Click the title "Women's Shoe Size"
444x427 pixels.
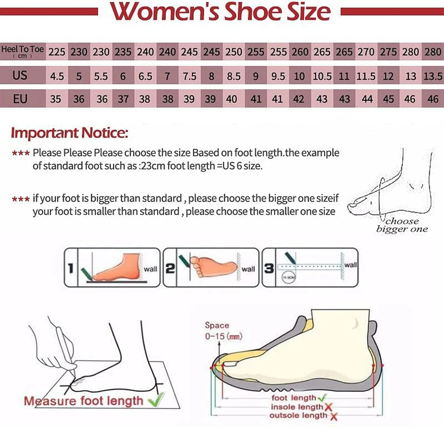[x=221, y=12]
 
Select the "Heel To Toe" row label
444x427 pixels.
[x=22, y=51]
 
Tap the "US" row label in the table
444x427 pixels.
[x=20, y=76]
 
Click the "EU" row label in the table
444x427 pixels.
[x=20, y=99]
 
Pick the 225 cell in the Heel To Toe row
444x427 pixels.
[x=57, y=52]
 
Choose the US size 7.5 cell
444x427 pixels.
[x=189, y=76]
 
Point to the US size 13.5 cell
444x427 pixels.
[x=433, y=76]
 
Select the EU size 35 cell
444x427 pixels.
[x=56, y=99]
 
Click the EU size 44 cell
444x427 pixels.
[x=367, y=99]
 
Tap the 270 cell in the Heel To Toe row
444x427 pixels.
[x=366, y=52]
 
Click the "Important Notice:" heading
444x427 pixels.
[x=70, y=133]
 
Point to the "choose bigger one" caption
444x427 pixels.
[x=402, y=225]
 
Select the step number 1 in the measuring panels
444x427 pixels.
[x=71, y=268]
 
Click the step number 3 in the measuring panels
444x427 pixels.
[x=269, y=268]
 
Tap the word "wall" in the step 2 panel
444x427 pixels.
[x=248, y=269]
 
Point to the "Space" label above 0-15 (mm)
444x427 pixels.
[x=217, y=325]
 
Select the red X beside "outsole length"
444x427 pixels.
[x=334, y=416]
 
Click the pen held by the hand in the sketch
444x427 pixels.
[x=67, y=349]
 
